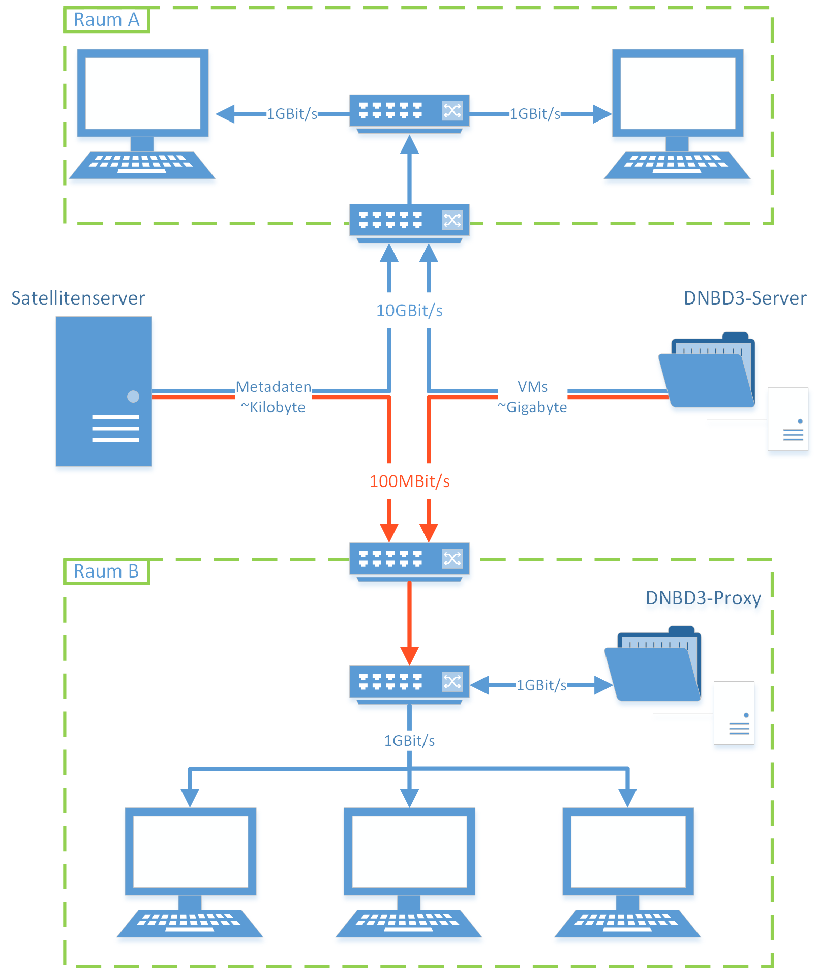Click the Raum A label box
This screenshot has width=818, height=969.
[106, 20]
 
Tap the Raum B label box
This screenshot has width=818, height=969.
[106, 571]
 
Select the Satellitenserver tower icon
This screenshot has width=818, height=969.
[104, 391]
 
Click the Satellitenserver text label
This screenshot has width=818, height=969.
[78, 298]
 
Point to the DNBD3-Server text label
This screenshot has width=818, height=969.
[745, 298]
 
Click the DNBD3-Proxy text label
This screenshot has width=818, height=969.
[703, 598]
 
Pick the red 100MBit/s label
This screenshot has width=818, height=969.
[409, 481]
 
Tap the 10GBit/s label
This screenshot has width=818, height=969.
[409, 310]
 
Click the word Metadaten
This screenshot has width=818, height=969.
[274, 387]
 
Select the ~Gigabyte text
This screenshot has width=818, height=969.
[532, 407]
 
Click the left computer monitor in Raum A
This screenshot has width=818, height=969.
[143, 94]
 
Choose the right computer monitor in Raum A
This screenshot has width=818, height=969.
[678, 94]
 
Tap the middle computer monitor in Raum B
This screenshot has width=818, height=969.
[409, 852]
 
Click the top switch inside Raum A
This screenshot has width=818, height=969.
[409, 111]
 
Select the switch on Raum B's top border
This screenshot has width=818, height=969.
[409, 559]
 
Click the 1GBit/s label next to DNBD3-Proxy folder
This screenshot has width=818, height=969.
[541, 685]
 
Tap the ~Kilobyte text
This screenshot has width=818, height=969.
[273, 407]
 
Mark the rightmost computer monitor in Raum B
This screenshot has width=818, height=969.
[628, 852]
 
